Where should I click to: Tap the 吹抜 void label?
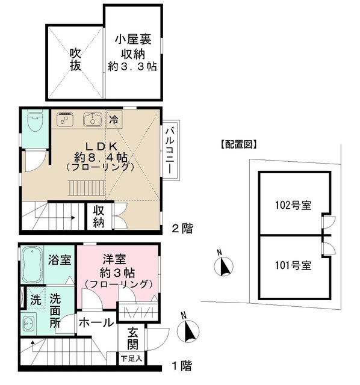pyautogui.click(x=75, y=60)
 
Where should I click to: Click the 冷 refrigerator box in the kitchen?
pyautogui.click(x=114, y=119)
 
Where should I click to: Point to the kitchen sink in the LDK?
pyautogui.click(x=92, y=120)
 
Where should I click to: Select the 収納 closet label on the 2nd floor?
pyautogui.click(x=99, y=217)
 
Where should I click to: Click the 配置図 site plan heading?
pyautogui.click(x=237, y=144)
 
